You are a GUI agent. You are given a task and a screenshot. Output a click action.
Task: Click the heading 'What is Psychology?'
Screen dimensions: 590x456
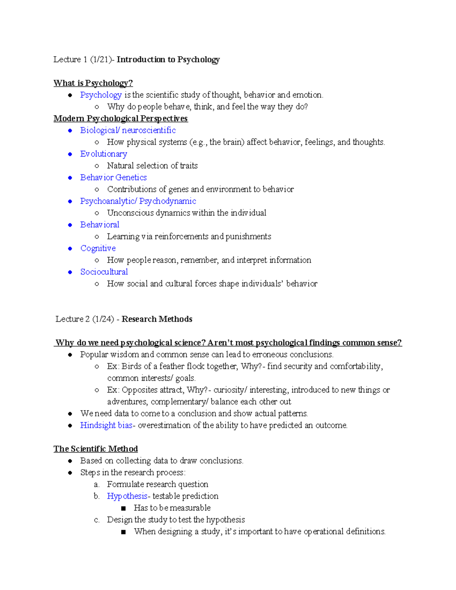93,83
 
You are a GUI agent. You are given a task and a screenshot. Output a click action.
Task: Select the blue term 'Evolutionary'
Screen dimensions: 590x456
103,154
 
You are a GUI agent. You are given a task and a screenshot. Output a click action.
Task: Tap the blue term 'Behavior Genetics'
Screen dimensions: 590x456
113,177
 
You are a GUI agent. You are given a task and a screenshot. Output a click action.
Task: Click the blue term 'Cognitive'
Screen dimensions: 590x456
98,248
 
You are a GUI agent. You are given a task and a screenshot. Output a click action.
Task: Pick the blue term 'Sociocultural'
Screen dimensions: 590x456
104,272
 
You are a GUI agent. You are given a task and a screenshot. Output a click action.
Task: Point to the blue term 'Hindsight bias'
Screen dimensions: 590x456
106,425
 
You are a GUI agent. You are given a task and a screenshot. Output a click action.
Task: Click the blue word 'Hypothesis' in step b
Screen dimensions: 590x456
127,496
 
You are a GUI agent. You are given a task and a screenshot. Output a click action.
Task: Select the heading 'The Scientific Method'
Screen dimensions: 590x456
96,449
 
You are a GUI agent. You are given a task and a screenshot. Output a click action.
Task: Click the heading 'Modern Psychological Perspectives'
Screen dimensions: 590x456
120,119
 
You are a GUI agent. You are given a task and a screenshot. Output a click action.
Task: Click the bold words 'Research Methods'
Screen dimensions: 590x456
157,319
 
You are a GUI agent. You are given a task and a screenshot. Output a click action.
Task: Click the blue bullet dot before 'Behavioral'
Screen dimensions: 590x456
70,225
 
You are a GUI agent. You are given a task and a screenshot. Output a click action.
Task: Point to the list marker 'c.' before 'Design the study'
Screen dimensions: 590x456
97,520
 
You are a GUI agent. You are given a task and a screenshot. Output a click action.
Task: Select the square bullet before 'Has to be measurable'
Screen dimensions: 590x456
123,508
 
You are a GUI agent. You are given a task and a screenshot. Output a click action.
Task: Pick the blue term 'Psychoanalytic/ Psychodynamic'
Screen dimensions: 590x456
138,201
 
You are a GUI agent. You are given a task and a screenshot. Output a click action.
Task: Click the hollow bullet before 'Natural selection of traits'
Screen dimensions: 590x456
97,166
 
